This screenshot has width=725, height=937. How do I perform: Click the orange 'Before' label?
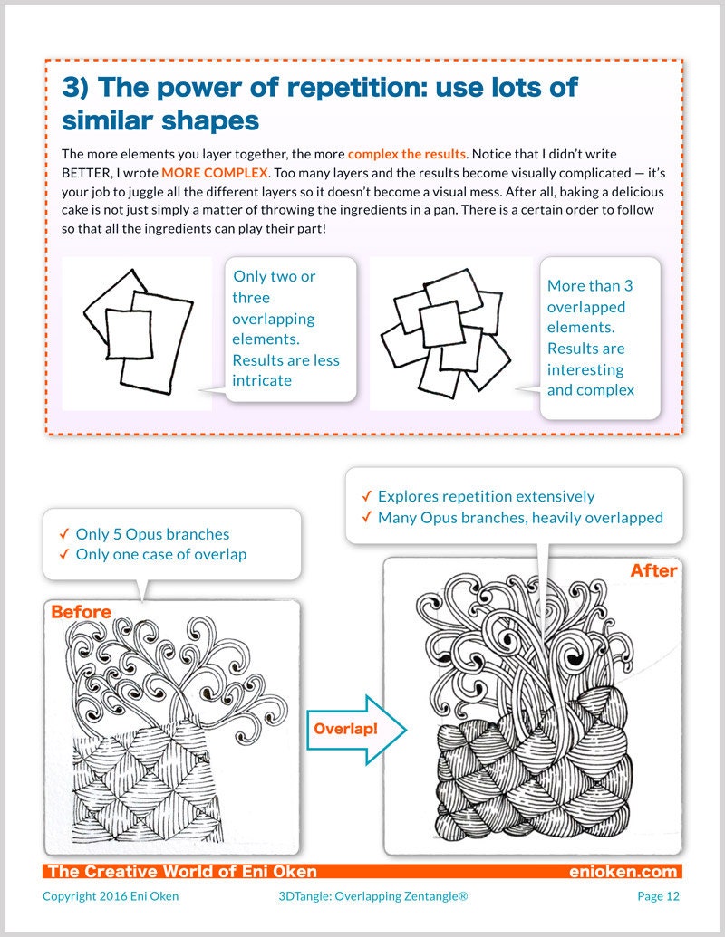coord(81,612)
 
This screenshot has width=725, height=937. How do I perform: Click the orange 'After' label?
coord(653,570)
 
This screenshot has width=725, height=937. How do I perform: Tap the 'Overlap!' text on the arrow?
coord(345,729)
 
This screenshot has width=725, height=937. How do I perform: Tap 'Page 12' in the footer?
coord(658,896)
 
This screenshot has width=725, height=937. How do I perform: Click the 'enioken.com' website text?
coord(623,872)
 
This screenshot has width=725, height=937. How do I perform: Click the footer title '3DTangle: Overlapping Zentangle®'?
coord(373,896)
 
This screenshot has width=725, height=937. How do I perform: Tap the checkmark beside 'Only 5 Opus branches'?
coord(64,534)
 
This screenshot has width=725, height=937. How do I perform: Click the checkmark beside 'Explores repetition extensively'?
coord(366,496)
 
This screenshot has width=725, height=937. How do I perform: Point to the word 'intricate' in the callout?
coord(262,380)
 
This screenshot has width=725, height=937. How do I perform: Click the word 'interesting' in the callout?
coord(585,369)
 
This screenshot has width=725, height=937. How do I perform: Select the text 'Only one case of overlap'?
coord(161,554)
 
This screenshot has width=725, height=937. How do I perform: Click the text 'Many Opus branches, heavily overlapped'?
coord(520,518)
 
